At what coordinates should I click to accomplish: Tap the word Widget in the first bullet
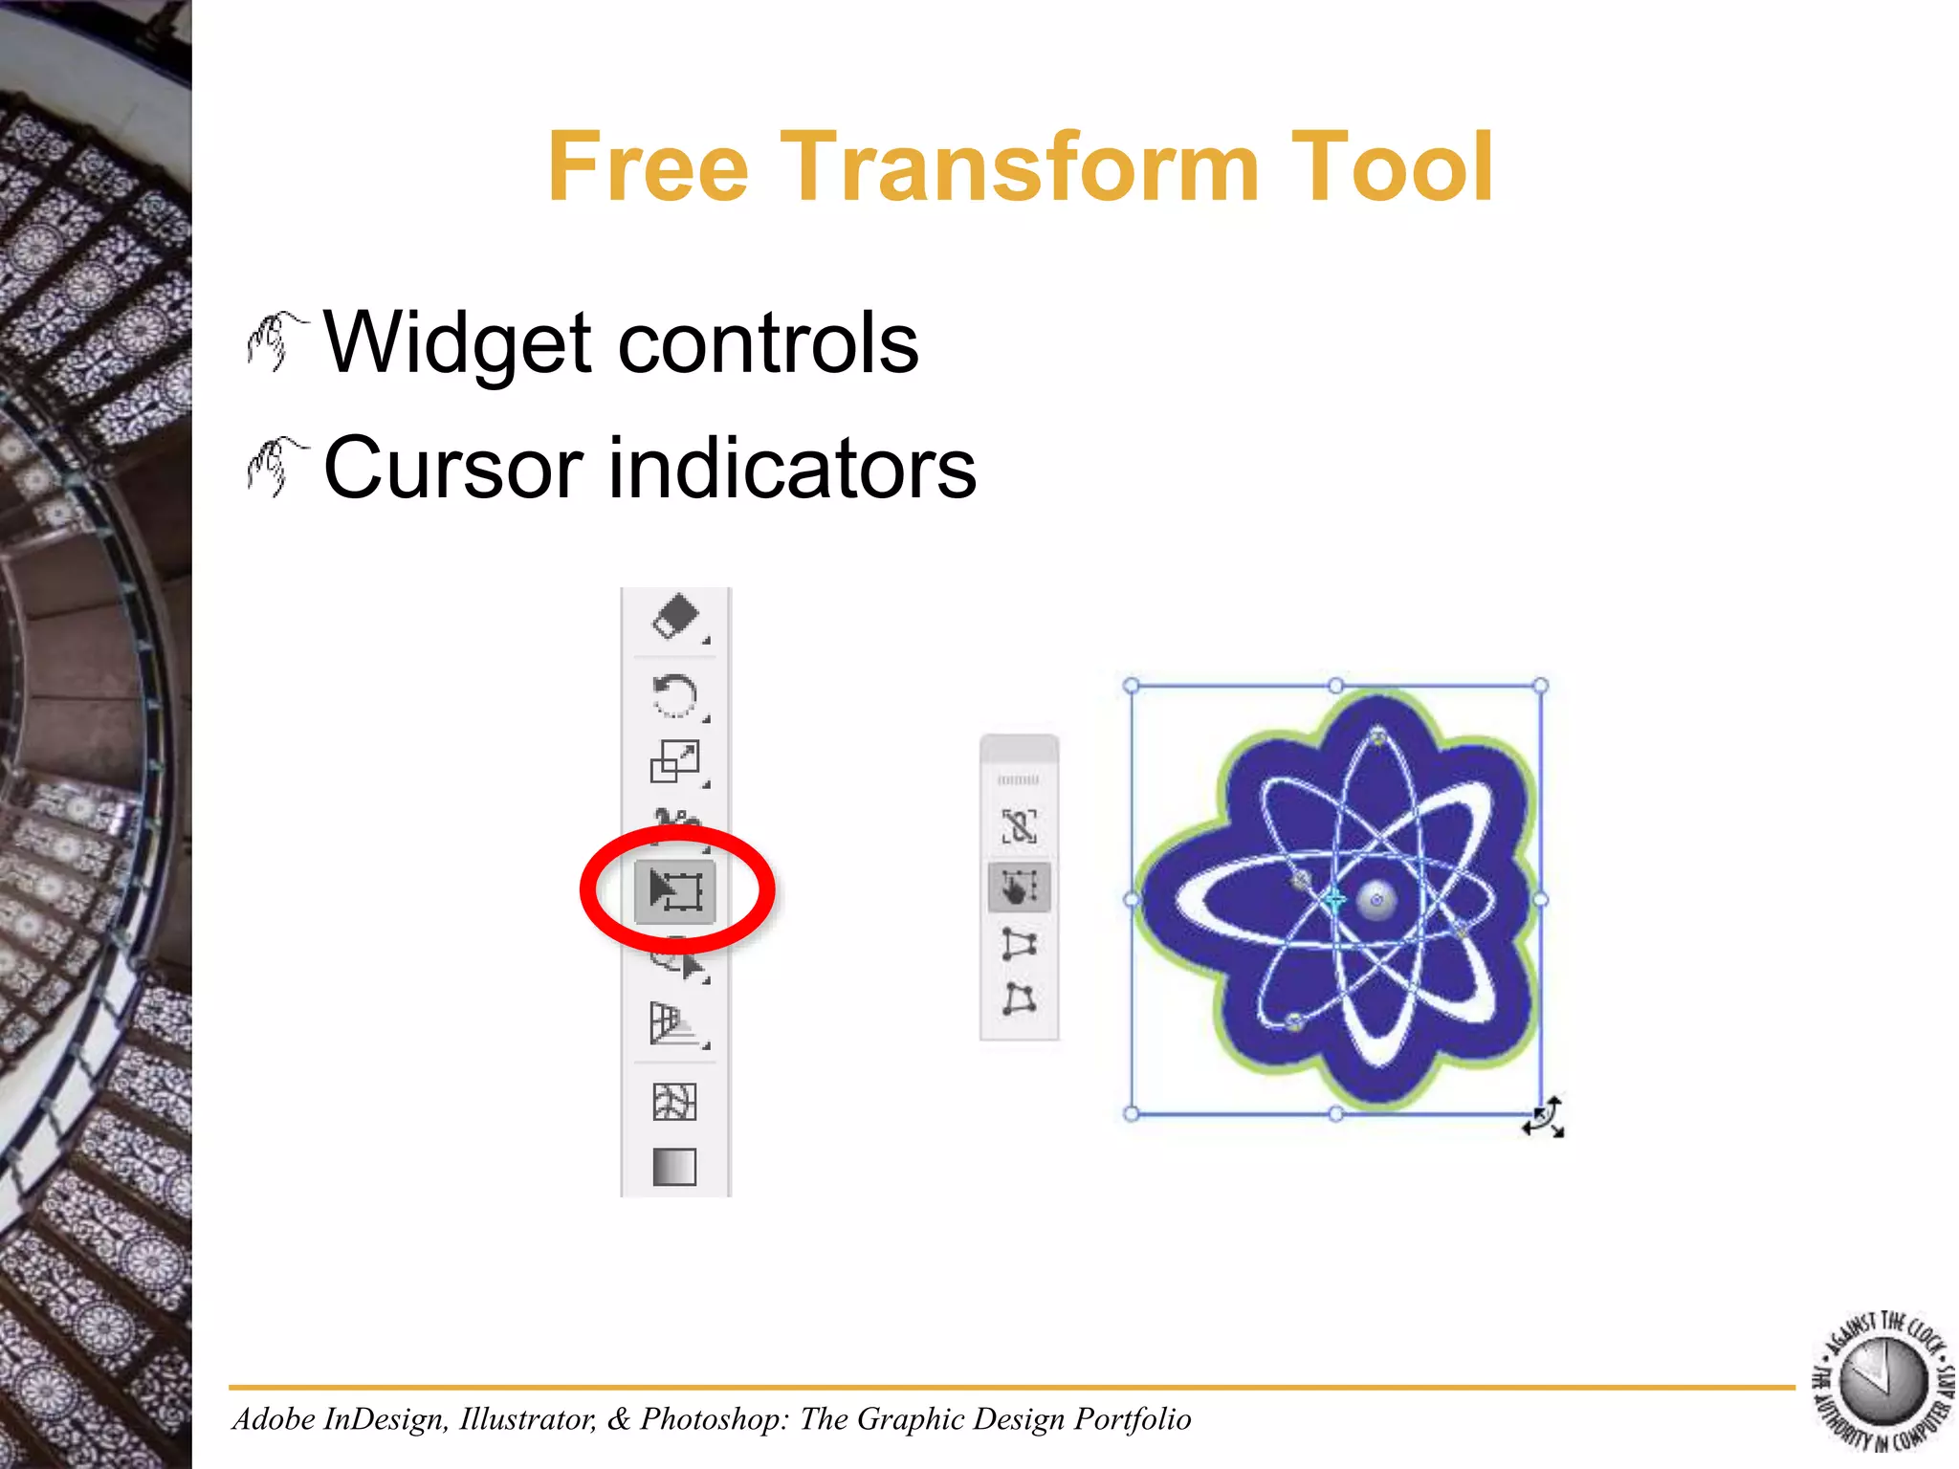pos(460,343)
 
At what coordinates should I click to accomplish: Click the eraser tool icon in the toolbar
pos(675,617)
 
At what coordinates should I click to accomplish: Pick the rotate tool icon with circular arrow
pos(674,695)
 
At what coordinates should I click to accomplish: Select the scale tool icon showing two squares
pos(674,762)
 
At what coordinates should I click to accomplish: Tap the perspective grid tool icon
pos(674,1023)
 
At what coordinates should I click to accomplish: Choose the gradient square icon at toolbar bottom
pos(674,1167)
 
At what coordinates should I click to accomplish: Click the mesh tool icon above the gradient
pos(674,1102)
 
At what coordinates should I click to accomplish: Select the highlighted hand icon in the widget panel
pos(1019,887)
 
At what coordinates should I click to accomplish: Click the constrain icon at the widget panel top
pos(1019,826)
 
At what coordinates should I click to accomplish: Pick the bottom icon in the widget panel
pos(1019,999)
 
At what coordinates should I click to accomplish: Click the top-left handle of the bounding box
pos(1131,686)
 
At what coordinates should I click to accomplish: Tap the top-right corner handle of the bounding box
pos(1540,686)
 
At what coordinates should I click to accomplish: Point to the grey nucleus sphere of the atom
pos(1377,900)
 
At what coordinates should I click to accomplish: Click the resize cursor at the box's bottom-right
pos(1544,1117)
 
